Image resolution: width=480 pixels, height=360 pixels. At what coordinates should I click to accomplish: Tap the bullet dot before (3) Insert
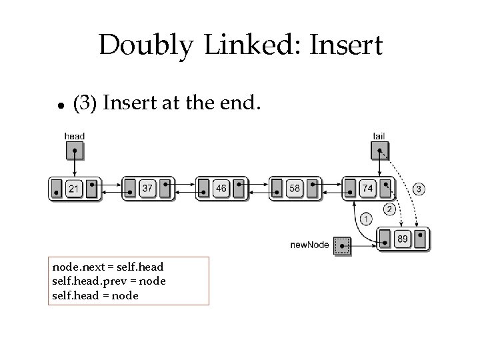click(60, 105)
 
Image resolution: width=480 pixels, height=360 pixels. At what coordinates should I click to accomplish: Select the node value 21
click(74, 189)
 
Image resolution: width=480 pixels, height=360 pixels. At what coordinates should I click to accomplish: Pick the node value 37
click(147, 189)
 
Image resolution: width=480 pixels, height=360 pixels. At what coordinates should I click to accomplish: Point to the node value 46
click(221, 189)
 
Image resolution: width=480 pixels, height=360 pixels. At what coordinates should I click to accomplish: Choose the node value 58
click(294, 189)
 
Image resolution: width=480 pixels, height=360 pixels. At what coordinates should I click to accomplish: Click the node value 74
click(367, 189)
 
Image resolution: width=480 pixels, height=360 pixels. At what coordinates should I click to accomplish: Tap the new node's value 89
click(402, 239)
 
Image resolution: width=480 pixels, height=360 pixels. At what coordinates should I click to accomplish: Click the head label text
click(75, 137)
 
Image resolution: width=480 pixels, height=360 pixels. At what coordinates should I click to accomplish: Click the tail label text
click(379, 137)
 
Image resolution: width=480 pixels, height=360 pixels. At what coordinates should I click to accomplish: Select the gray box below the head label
click(75, 151)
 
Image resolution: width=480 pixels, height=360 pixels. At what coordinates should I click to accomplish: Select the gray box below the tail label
click(379, 151)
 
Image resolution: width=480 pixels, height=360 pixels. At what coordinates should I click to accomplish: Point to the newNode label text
click(309, 245)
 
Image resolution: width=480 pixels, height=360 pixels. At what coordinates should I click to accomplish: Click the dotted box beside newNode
click(342, 245)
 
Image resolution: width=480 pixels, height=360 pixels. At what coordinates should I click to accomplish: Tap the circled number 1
click(367, 219)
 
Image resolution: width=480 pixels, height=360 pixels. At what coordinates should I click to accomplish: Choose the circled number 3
click(419, 189)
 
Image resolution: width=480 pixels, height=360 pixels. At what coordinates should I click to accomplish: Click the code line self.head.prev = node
click(109, 281)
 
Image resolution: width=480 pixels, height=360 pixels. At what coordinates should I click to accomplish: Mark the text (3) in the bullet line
click(85, 104)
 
